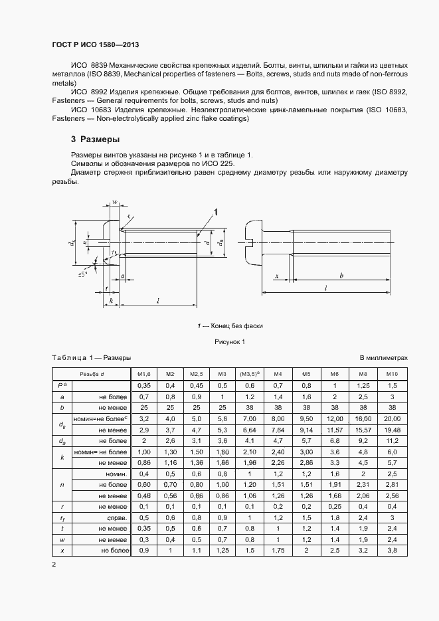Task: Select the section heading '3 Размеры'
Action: (x=95, y=139)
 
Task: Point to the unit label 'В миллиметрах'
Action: (x=384, y=357)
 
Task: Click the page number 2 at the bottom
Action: (x=54, y=565)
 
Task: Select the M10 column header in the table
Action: (x=392, y=373)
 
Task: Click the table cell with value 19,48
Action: (x=392, y=430)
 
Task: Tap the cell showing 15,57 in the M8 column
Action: (x=363, y=430)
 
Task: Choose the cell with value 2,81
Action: (x=392, y=486)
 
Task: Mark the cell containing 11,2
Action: (x=392, y=441)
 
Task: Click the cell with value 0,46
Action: (x=141, y=496)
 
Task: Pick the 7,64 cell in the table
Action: (x=278, y=430)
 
